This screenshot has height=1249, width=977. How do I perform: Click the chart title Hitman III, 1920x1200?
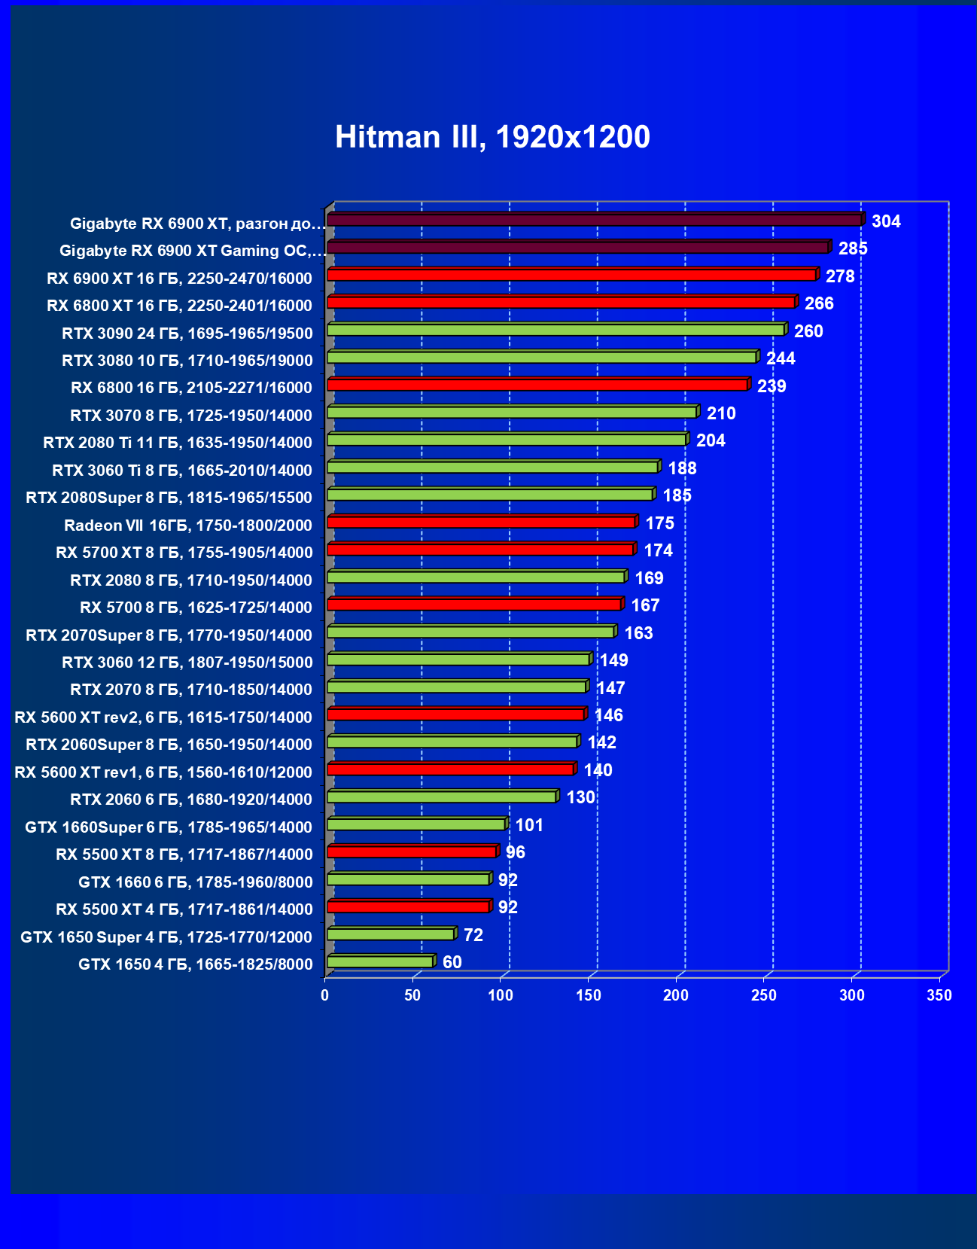(x=492, y=137)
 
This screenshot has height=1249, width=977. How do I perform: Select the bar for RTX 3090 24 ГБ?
(x=555, y=331)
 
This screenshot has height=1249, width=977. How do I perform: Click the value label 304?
(x=886, y=221)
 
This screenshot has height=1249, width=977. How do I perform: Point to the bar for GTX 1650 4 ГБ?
(x=380, y=962)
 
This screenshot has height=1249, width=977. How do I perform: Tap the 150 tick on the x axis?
(x=588, y=995)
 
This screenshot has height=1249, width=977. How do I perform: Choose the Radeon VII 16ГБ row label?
(x=187, y=525)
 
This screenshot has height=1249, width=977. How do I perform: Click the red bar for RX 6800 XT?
(x=561, y=303)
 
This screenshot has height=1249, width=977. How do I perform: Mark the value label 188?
(x=682, y=468)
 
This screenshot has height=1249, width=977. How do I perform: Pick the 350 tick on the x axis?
(x=939, y=995)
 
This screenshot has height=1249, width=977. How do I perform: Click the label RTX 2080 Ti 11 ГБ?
(x=177, y=443)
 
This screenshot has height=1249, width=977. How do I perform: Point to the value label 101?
(x=529, y=825)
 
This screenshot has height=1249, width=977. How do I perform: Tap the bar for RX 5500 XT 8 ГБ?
(x=412, y=852)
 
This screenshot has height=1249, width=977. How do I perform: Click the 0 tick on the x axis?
(x=325, y=995)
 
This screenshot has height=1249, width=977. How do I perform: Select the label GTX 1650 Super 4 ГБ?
(x=166, y=937)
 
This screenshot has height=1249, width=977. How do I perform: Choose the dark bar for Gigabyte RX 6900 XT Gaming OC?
(x=578, y=248)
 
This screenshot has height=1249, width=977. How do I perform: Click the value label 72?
(x=473, y=935)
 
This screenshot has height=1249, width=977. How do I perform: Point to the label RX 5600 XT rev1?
(x=163, y=772)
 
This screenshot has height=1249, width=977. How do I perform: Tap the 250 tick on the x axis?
(x=764, y=995)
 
